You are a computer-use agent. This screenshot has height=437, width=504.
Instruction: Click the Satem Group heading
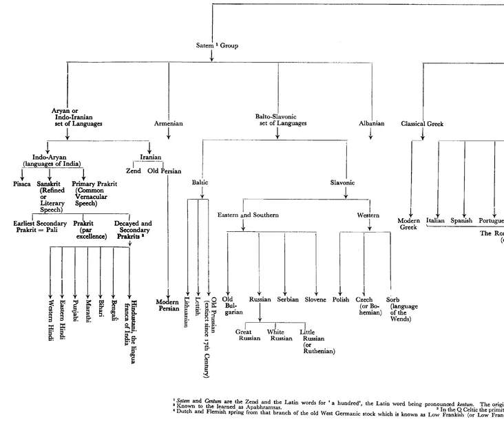[217, 45]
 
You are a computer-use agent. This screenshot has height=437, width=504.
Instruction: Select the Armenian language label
[169, 124]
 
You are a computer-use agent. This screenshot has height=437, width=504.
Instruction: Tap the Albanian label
[371, 124]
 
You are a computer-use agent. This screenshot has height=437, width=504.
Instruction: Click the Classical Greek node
[423, 124]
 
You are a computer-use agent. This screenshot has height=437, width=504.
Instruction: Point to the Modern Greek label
[408, 224]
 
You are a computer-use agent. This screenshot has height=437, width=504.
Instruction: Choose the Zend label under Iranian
[133, 171]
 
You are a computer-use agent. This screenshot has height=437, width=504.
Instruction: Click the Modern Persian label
[167, 305]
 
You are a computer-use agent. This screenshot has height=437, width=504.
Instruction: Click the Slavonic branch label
[343, 183]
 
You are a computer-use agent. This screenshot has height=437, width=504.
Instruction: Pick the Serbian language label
[288, 300]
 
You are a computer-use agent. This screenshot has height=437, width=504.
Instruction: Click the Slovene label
[316, 300]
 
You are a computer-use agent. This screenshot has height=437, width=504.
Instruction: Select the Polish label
[341, 300]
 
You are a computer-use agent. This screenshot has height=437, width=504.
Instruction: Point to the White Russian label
[281, 335]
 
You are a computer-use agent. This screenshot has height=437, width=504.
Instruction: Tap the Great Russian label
[249, 335]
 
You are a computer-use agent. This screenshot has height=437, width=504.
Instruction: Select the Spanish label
[461, 221]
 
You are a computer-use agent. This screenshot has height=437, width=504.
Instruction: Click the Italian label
[435, 221]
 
